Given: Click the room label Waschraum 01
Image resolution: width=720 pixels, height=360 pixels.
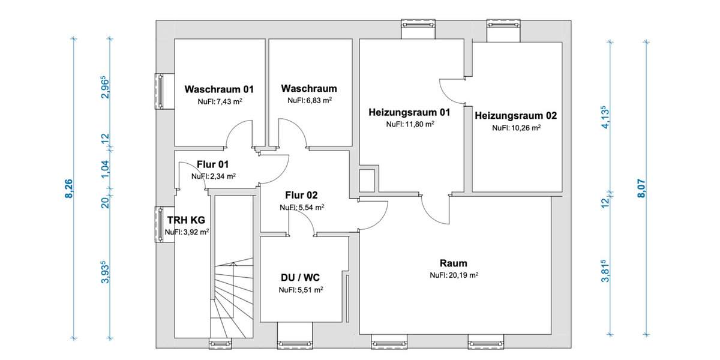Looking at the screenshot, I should tap(219, 89).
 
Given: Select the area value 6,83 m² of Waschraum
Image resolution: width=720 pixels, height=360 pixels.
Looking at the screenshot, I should tap(309, 101).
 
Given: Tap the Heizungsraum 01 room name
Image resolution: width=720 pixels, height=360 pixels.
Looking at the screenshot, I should tap(409, 112).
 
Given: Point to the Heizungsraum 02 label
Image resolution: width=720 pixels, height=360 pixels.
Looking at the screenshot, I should tap(515, 115).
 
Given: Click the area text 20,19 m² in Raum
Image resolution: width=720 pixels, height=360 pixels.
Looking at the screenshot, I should tap(453, 276).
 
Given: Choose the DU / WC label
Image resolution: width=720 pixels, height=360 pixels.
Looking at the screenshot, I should tap(301, 278).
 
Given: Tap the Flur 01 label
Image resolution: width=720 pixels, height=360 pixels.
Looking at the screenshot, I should tap(212, 164).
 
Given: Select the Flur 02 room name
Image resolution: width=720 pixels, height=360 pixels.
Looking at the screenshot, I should tap(301, 195).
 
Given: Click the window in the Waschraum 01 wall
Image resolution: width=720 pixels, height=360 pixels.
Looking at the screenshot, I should tap(160, 92).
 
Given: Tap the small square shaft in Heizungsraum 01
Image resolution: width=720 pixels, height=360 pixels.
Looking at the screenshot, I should tap(366, 179).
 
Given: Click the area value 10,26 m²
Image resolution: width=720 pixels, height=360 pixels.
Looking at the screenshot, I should tap(516, 128).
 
